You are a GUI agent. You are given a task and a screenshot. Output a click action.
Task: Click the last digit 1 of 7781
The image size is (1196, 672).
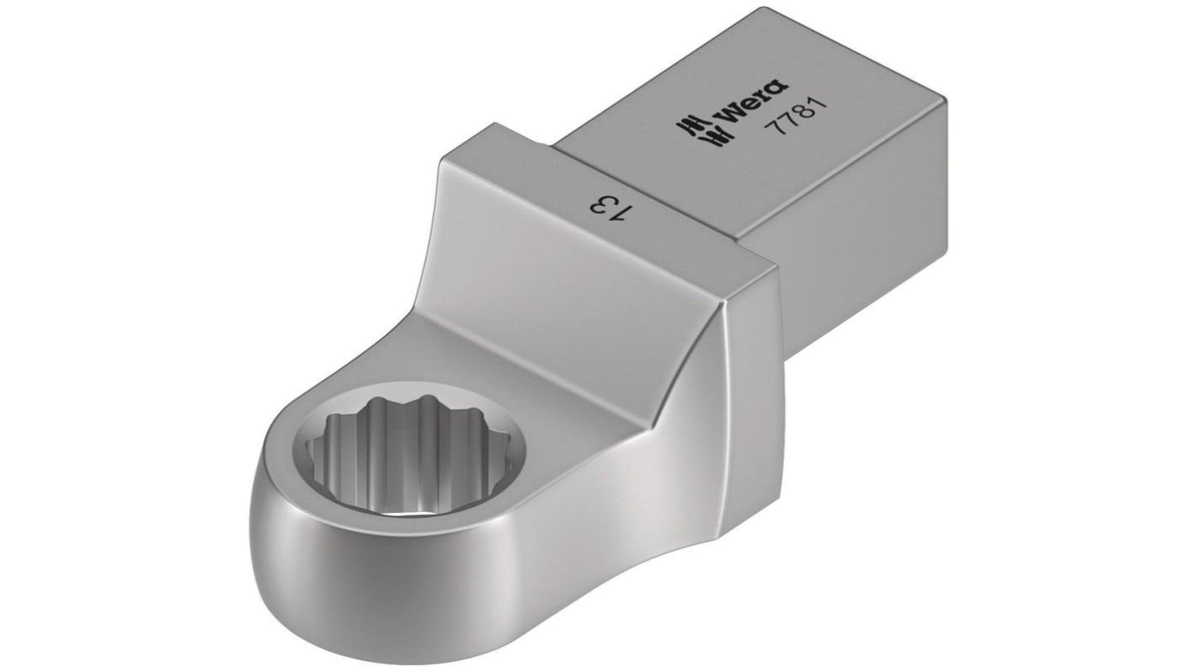[x=801, y=102]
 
